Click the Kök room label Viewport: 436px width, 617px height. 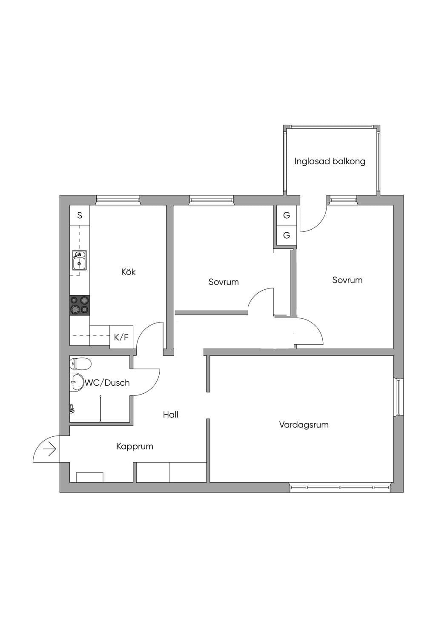pos(128,272)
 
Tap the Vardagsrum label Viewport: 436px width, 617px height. pos(304,424)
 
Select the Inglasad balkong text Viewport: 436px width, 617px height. pos(330,161)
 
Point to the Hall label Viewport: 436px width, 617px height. pos(170,415)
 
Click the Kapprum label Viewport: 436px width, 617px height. pos(135,446)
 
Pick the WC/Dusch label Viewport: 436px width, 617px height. pos(107,383)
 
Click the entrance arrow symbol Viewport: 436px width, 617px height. pos(49,449)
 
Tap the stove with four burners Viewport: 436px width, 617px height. pos(80,305)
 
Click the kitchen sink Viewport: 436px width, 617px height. pos(79,260)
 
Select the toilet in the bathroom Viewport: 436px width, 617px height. pos(80,363)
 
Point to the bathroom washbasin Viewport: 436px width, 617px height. pos(76,382)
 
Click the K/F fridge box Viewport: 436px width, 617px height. pos(121,337)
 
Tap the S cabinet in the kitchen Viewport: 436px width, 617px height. pos(80,215)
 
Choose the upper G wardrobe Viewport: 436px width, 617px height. pos(287,215)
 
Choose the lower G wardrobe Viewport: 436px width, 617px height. pos(287,235)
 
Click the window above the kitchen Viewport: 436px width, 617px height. pos(118,200)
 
